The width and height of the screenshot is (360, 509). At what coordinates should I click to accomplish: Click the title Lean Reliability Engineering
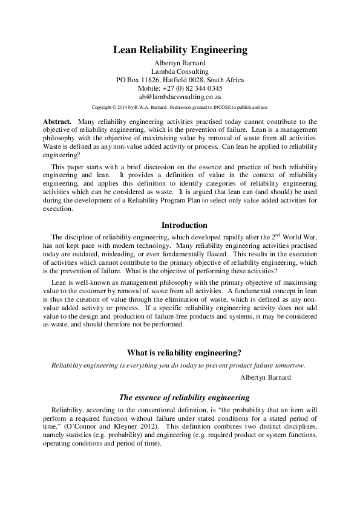pyautogui.click(x=180, y=50)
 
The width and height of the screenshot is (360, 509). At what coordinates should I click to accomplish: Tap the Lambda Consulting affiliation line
pyautogui.click(x=180, y=71)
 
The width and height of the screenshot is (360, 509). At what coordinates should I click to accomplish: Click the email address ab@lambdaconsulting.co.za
pyautogui.click(x=180, y=96)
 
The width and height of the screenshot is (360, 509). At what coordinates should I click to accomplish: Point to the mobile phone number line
pyautogui.click(x=180, y=88)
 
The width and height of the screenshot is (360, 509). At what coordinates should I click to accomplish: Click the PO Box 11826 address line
pyautogui.click(x=180, y=79)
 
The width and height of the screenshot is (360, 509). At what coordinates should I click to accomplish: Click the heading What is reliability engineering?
pyautogui.click(x=180, y=353)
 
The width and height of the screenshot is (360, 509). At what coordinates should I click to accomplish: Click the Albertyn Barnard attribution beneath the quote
pyautogui.click(x=266, y=377)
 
